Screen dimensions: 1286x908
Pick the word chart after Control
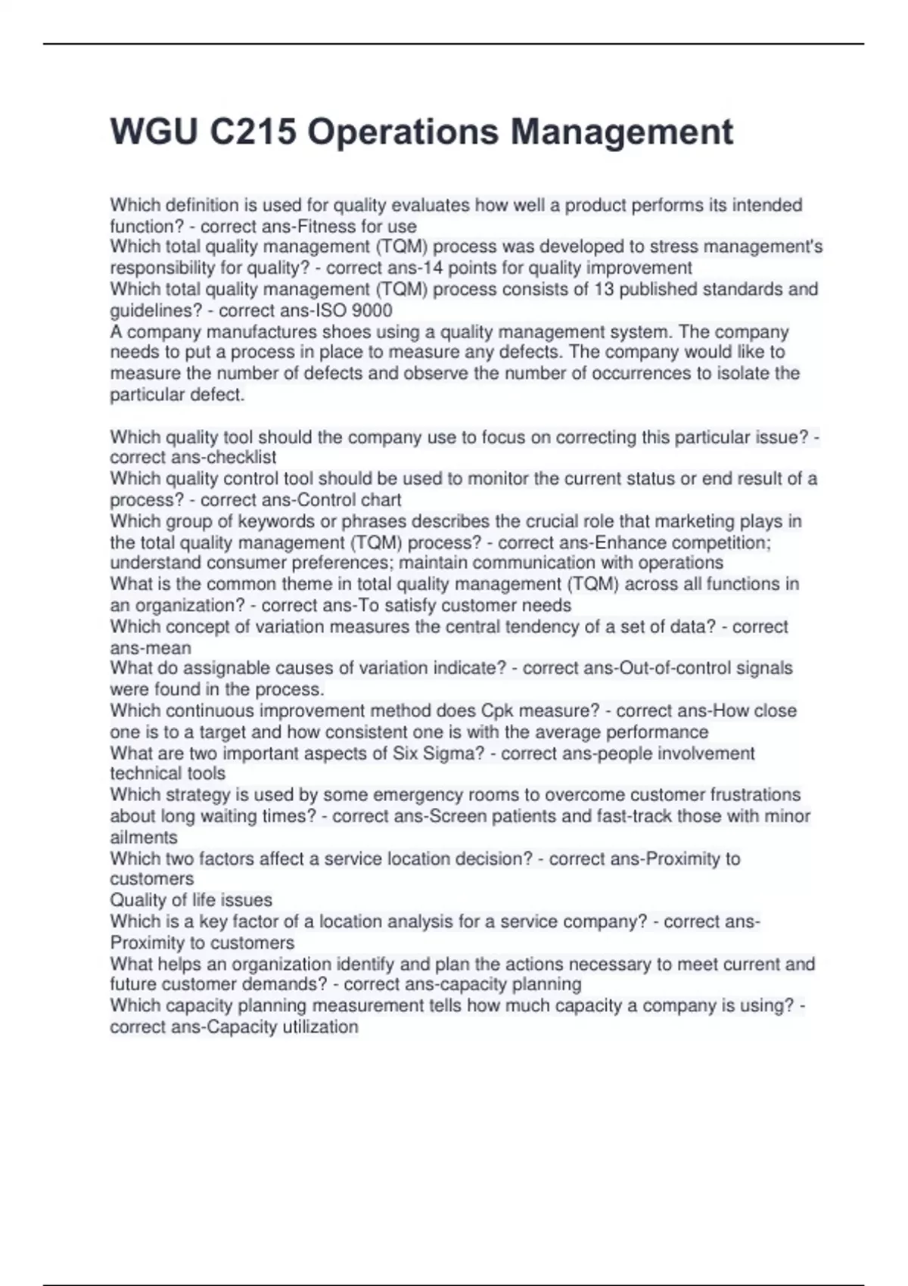click(381, 500)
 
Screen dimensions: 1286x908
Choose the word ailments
click(144, 837)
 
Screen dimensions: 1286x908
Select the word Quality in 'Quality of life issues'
click(137, 900)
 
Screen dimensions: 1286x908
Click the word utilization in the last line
click(320, 1027)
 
